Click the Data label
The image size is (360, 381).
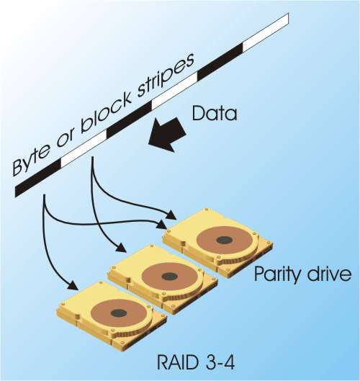(215, 114)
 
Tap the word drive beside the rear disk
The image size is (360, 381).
(327, 274)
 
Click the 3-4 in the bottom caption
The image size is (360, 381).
(220, 364)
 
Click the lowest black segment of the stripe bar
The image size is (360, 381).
(38, 178)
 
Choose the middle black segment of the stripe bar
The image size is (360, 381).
(129, 120)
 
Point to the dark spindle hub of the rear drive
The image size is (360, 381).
(225, 240)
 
